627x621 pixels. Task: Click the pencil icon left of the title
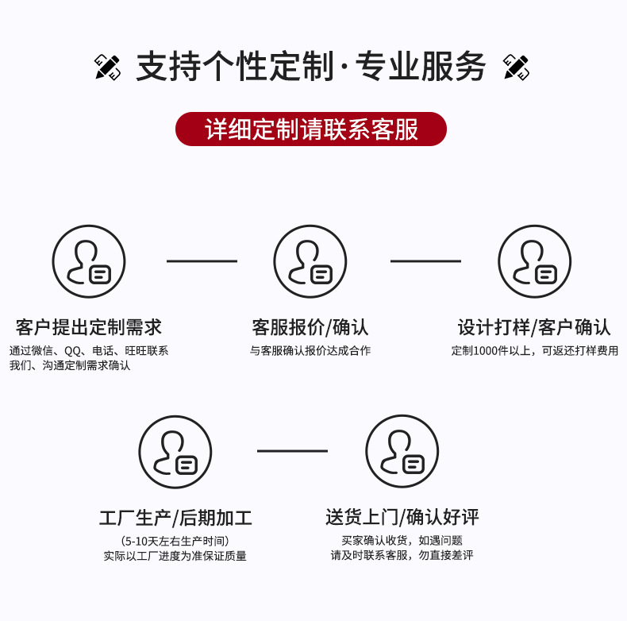[x=108, y=67]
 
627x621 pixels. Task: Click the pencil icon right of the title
[x=517, y=67]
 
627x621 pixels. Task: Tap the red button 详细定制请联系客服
[x=311, y=129]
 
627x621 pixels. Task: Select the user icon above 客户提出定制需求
[x=89, y=261]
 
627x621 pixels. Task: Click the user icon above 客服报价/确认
[x=310, y=261]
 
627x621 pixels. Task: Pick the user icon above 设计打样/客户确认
[x=534, y=261]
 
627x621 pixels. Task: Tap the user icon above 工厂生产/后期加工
[x=175, y=452]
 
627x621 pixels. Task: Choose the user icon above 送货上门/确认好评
[x=402, y=452]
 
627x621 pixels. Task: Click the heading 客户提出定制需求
[x=89, y=326]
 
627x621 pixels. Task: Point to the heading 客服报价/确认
[x=310, y=326]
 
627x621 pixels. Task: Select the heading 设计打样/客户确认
[x=534, y=326]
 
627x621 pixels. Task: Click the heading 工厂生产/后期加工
[x=175, y=518]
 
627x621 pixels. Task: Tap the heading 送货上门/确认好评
[x=402, y=518]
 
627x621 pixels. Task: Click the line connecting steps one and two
[x=202, y=260]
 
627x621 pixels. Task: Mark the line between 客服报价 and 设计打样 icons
[x=425, y=260]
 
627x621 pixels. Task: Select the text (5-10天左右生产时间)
[x=175, y=541]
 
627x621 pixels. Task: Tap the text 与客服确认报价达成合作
[x=310, y=351]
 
